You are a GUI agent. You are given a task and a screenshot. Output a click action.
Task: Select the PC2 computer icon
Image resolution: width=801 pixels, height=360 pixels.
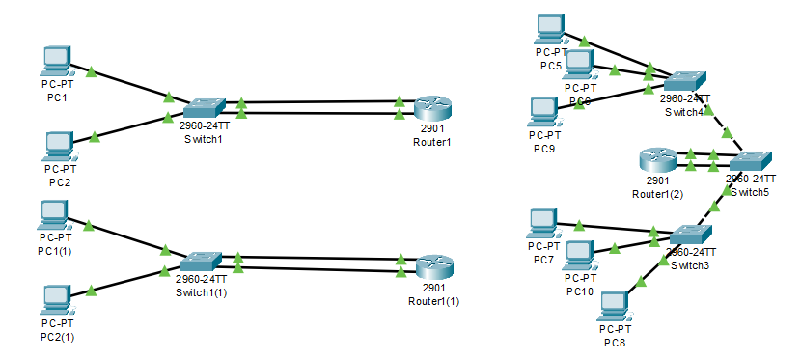coord(60,145)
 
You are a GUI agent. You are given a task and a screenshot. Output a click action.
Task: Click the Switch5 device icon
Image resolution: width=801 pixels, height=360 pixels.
coord(750,160)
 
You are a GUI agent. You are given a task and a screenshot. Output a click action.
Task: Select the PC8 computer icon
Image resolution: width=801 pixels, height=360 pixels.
coord(614,307)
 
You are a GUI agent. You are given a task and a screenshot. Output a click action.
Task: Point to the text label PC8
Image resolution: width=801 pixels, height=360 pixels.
coord(615,342)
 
